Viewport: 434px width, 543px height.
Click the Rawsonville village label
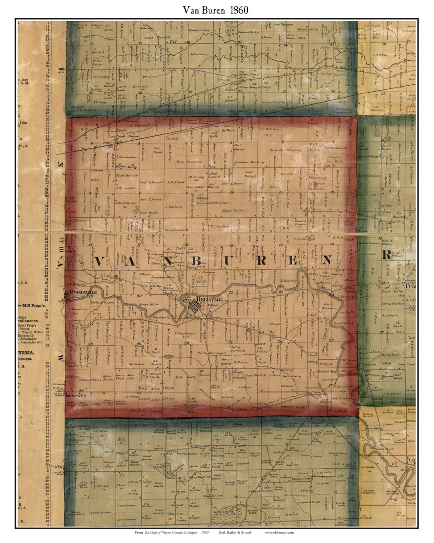[81, 292]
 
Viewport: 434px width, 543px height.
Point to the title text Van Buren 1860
[216, 10]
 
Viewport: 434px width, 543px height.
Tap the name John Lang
[199, 54]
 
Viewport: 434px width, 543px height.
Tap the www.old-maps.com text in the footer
[279, 532]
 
